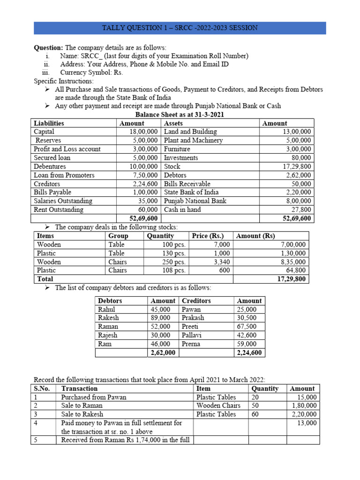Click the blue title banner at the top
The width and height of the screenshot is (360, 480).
pyautogui.click(x=180, y=28)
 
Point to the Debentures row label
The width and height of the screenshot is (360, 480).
pyautogui.click(x=50, y=166)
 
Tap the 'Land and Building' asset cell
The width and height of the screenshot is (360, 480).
pyautogui.click(x=190, y=132)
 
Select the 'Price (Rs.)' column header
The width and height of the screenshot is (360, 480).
pyautogui.click(x=208, y=236)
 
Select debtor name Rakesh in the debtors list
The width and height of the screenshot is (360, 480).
pyautogui.click(x=108, y=318)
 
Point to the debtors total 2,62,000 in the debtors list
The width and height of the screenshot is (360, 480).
pyautogui.click(x=163, y=352)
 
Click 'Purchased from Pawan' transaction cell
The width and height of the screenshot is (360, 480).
pyautogui.click(x=94, y=397)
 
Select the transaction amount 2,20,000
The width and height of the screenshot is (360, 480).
pyautogui.click(x=304, y=414)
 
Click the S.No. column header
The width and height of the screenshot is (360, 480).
pyautogui.click(x=43, y=389)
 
